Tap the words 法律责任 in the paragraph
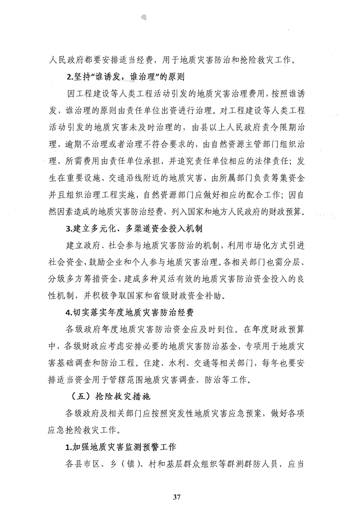point(271,161)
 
